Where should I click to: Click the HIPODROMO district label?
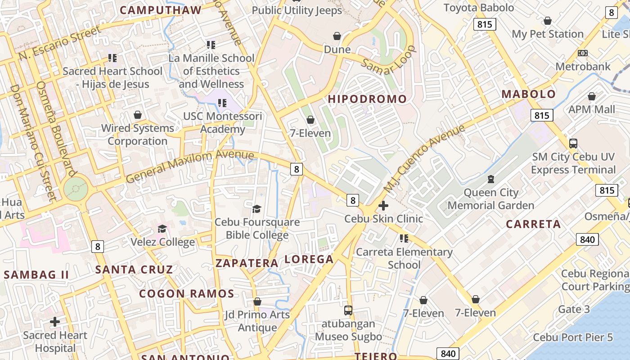tap(367, 99)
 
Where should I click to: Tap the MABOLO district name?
tap(529, 94)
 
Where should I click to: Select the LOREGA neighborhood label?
tap(309, 259)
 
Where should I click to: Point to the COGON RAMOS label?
tap(186, 294)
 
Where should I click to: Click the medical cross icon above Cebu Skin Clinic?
tap(383, 206)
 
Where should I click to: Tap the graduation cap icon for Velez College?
tap(162, 229)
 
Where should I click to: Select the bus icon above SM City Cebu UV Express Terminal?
tap(573, 144)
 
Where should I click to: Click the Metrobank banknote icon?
tap(583, 53)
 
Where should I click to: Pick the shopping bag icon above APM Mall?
tap(592, 96)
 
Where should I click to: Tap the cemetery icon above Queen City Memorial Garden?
tap(490, 180)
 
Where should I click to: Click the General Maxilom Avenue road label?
tap(189, 166)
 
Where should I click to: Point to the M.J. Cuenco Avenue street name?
tap(424, 159)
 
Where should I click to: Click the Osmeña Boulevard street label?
tap(57, 129)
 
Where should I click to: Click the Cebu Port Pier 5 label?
tap(573, 337)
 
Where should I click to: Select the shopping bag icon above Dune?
tap(337, 36)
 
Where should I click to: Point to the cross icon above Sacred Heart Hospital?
tap(55, 322)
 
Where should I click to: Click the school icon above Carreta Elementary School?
tap(404, 238)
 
